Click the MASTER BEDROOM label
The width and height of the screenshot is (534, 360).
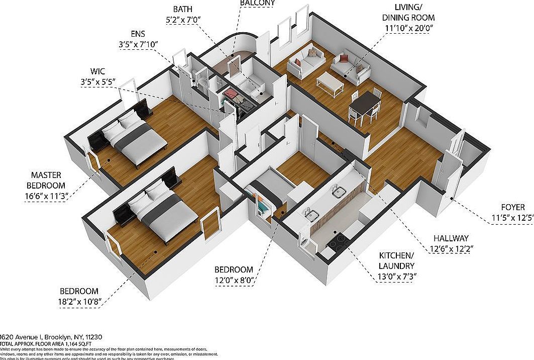46,180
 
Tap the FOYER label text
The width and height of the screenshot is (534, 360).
512,207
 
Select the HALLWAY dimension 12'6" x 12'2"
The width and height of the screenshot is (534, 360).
451,248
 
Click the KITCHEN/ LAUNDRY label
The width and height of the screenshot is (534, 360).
396,261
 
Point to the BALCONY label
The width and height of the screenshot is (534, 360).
257,3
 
